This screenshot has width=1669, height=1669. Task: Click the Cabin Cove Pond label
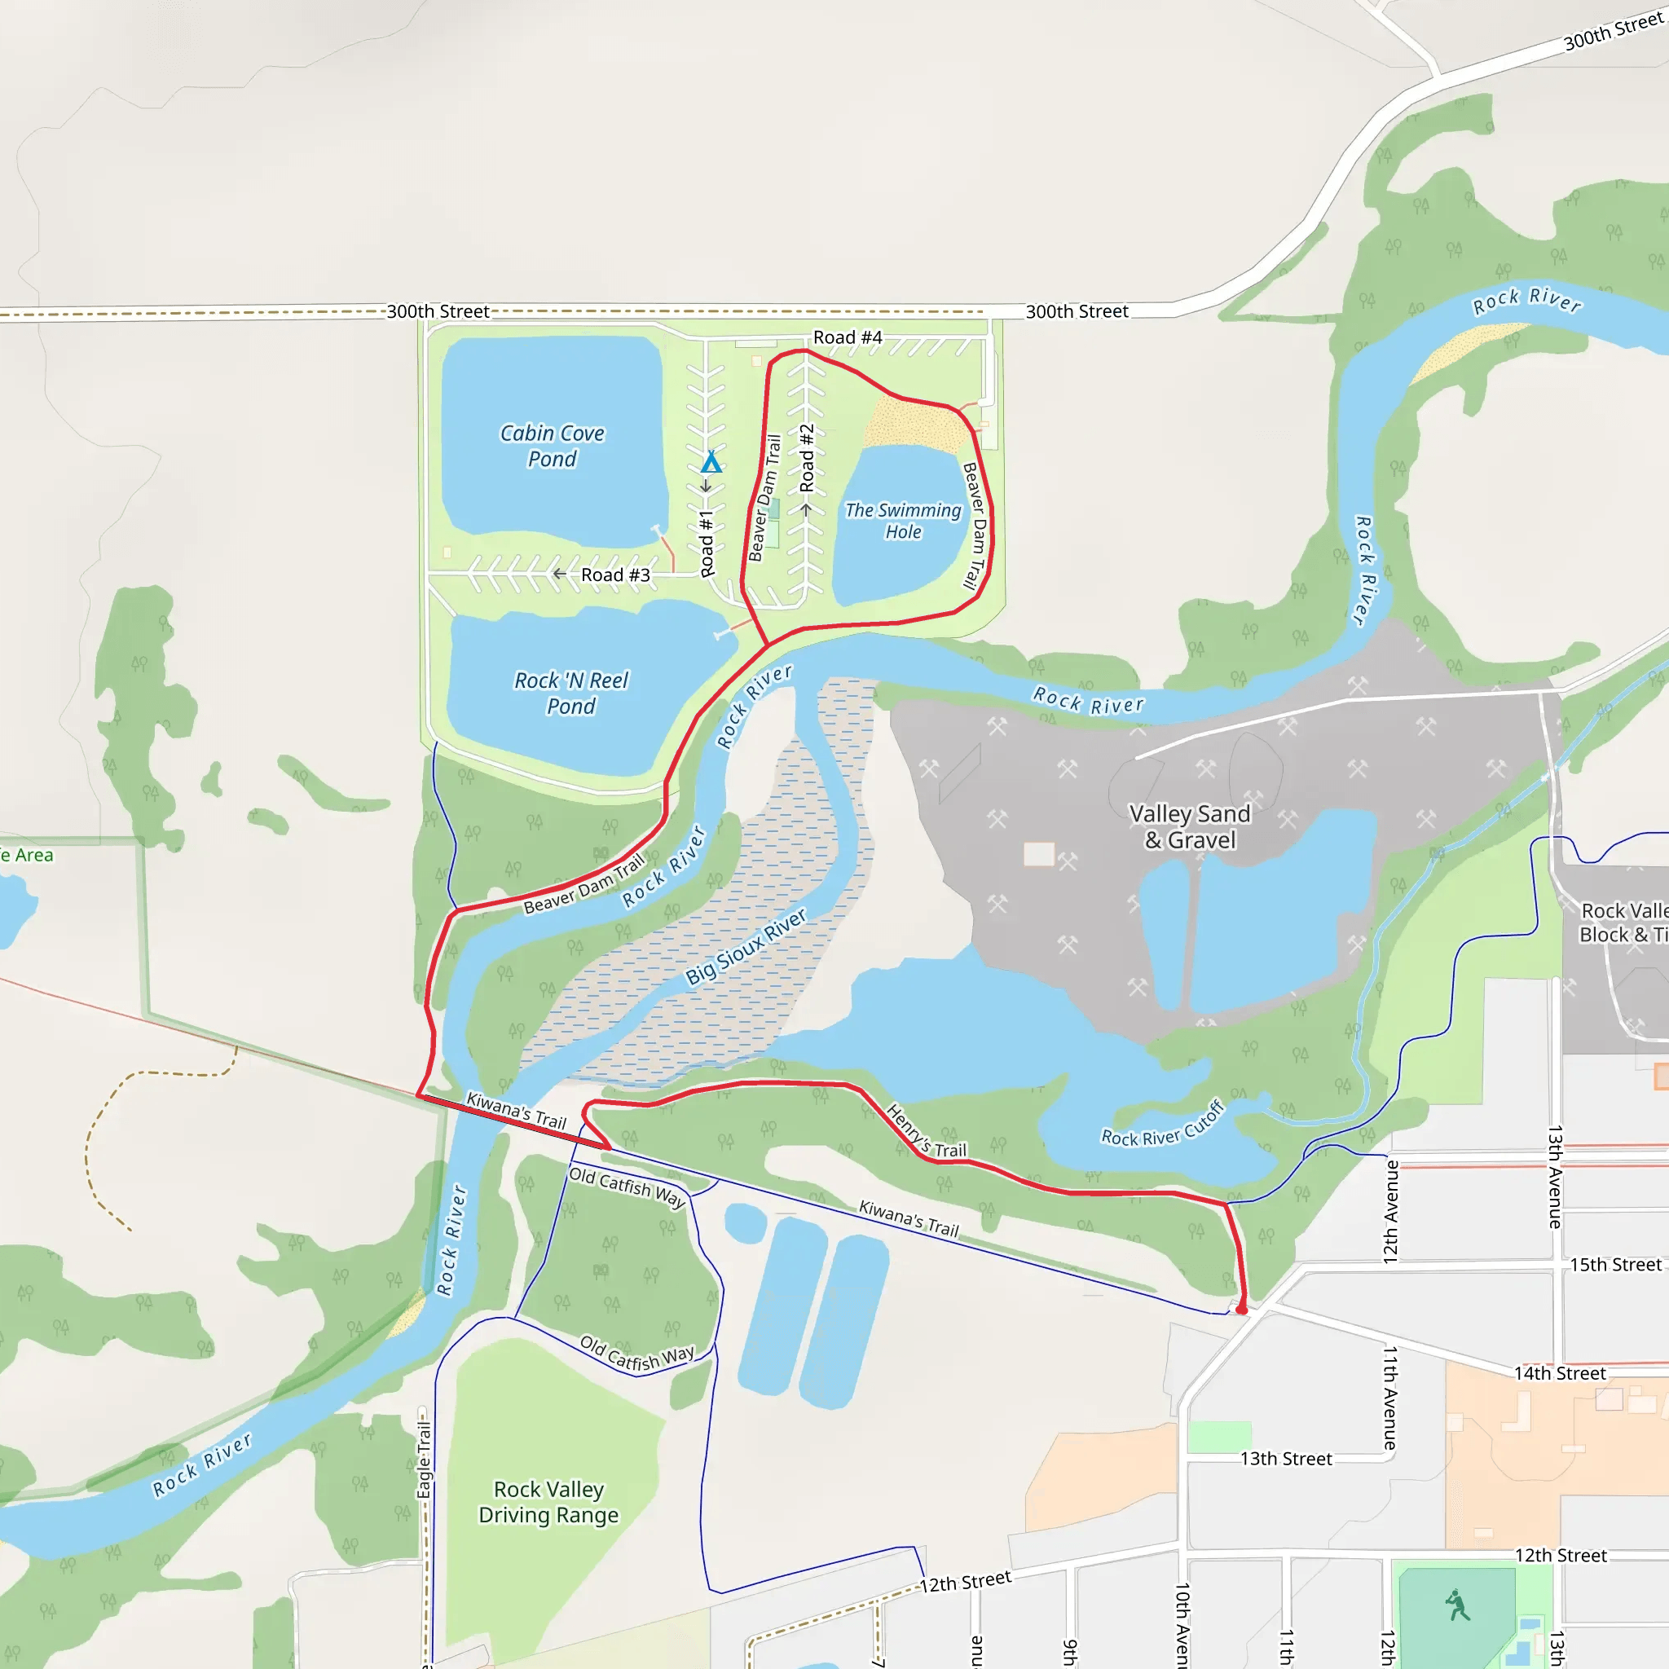click(552, 446)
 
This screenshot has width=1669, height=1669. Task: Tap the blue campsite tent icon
click(711, 462)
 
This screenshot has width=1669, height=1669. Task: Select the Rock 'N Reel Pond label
click(571, 693)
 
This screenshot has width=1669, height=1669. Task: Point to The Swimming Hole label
click(903, 521)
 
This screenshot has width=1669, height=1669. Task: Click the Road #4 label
click(848, 337)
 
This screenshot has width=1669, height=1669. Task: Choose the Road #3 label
click(615, 575)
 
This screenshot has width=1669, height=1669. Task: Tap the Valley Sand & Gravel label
click(1190, 826)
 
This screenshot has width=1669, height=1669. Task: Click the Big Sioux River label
click(746, 946)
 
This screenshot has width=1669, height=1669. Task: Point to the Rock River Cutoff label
click(1163, 1124)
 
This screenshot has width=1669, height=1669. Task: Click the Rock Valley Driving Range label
click(548, 1501)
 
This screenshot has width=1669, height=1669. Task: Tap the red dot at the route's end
click(1241, 1310)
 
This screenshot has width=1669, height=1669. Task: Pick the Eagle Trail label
click(424, 1459)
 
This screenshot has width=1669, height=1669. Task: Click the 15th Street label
click(1614, 1265)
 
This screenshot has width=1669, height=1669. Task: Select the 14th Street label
click(1559, 1372)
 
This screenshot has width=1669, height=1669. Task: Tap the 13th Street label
click(1285, 1458)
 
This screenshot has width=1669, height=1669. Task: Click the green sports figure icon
click(1457, 1605)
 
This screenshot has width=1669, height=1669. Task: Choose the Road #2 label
click(807, 458)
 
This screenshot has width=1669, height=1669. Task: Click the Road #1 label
click(707, 544)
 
